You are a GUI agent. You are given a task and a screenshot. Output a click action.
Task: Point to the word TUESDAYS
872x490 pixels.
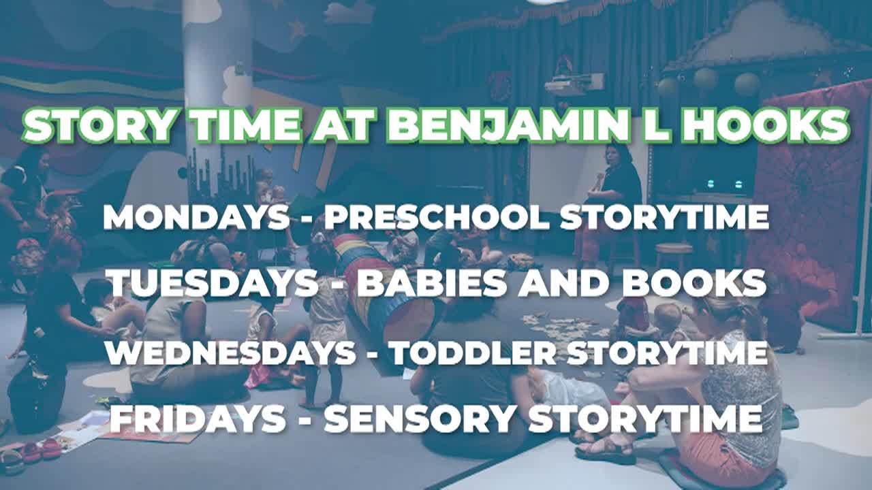214,282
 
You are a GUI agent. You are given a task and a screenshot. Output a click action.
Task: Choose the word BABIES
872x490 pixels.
432,282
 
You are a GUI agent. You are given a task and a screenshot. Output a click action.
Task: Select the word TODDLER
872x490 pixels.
473,353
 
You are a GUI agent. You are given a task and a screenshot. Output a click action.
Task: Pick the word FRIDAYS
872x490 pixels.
198,419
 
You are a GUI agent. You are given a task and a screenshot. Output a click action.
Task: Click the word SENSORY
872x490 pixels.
418,419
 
